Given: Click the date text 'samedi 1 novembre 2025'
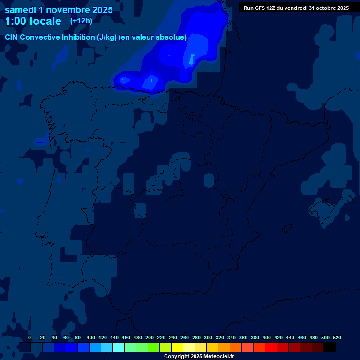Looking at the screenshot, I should (59, 10).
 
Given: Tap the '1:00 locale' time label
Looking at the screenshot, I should (33, 21).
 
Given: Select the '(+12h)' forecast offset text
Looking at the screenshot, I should (81, 21).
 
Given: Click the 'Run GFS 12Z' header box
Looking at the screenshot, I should (296, 7).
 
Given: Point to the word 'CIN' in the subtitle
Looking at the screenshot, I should (12, 37).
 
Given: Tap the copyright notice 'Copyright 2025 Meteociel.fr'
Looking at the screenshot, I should (199, 357).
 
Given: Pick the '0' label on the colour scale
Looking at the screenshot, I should (30, 337).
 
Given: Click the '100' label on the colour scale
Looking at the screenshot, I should (91, 337).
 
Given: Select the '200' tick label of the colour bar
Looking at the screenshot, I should (150, 337).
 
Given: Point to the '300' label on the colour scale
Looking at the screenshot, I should (208, 337).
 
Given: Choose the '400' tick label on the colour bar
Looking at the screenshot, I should (267, 337).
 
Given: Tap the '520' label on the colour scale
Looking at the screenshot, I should (337, 337).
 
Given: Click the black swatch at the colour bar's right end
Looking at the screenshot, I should (330, 347).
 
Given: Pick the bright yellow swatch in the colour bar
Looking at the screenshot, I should (177, 347).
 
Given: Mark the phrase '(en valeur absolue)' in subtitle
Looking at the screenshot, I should (153, 37).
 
